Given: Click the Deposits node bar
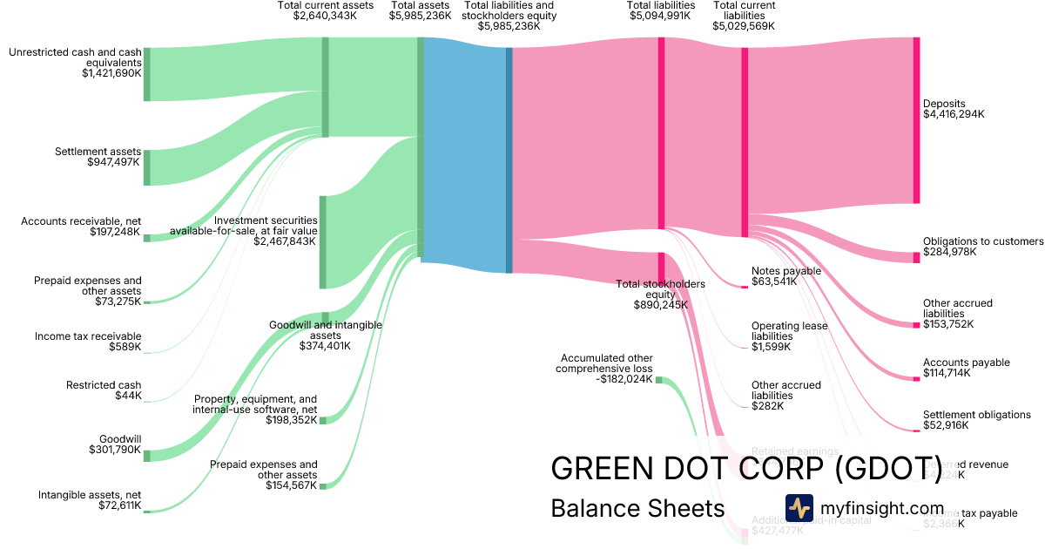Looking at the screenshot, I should coord(916,120).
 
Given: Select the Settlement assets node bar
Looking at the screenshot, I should coord(146,167).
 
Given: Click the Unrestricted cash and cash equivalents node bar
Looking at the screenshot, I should coord(146,74).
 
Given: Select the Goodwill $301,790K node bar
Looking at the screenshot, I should coord(146,456).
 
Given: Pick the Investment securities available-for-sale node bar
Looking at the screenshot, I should coord(322,241).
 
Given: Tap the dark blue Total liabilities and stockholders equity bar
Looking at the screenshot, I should coord(509,159).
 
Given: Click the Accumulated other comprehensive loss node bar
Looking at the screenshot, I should coord(658,380).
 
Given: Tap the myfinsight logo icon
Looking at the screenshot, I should coord(799,507).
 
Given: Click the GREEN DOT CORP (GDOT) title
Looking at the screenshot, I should coord(746,468).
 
